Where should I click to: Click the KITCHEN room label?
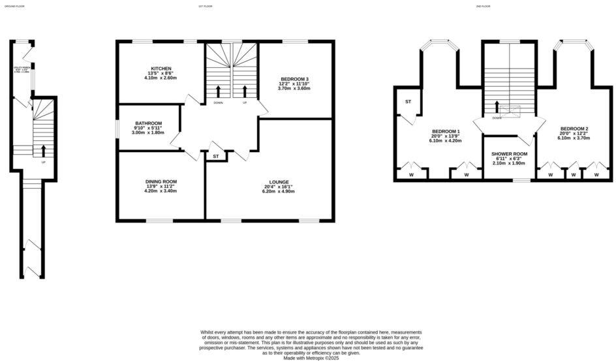[x=161, y=68]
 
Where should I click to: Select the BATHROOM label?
[x=148, y=123]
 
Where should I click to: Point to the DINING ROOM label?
[x=161, y=181]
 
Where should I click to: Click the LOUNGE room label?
[x=279, y=181]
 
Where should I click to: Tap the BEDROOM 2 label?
[x=574, y=129]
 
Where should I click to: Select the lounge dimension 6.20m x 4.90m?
[x=279, y=191]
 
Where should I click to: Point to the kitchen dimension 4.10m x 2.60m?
[x=161, y=78]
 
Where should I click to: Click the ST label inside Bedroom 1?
[x=408, y=102]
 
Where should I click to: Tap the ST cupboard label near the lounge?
[x=215, y=157]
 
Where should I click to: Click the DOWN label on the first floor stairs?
[x=218, y=102]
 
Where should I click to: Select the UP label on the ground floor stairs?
[x=44, y=162]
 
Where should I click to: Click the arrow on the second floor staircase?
[x=497, y=107]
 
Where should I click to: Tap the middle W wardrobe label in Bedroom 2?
[x=574, y=175]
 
